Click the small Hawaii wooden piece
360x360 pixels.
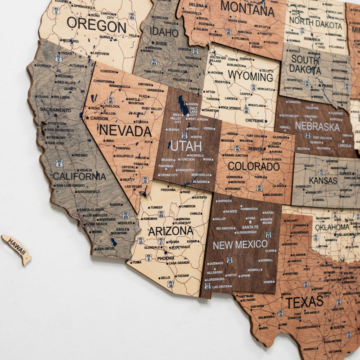pos(17,249)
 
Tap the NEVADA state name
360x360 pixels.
pos(125,131)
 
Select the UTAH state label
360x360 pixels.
pos(185,146)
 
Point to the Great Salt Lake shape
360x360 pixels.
pos(183,106)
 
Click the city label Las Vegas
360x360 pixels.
pos(133,186)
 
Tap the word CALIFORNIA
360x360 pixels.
pos(79,176)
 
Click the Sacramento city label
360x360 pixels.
pos(55,110)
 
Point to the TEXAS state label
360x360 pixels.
pos(304,302)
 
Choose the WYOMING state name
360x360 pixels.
pos(250,76)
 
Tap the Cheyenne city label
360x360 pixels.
pos(255,121)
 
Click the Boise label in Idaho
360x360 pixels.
pos(162,44)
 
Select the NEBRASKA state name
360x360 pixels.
pos(317,126)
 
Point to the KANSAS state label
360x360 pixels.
pos(323,180)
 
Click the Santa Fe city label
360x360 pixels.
pos(250,227)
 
